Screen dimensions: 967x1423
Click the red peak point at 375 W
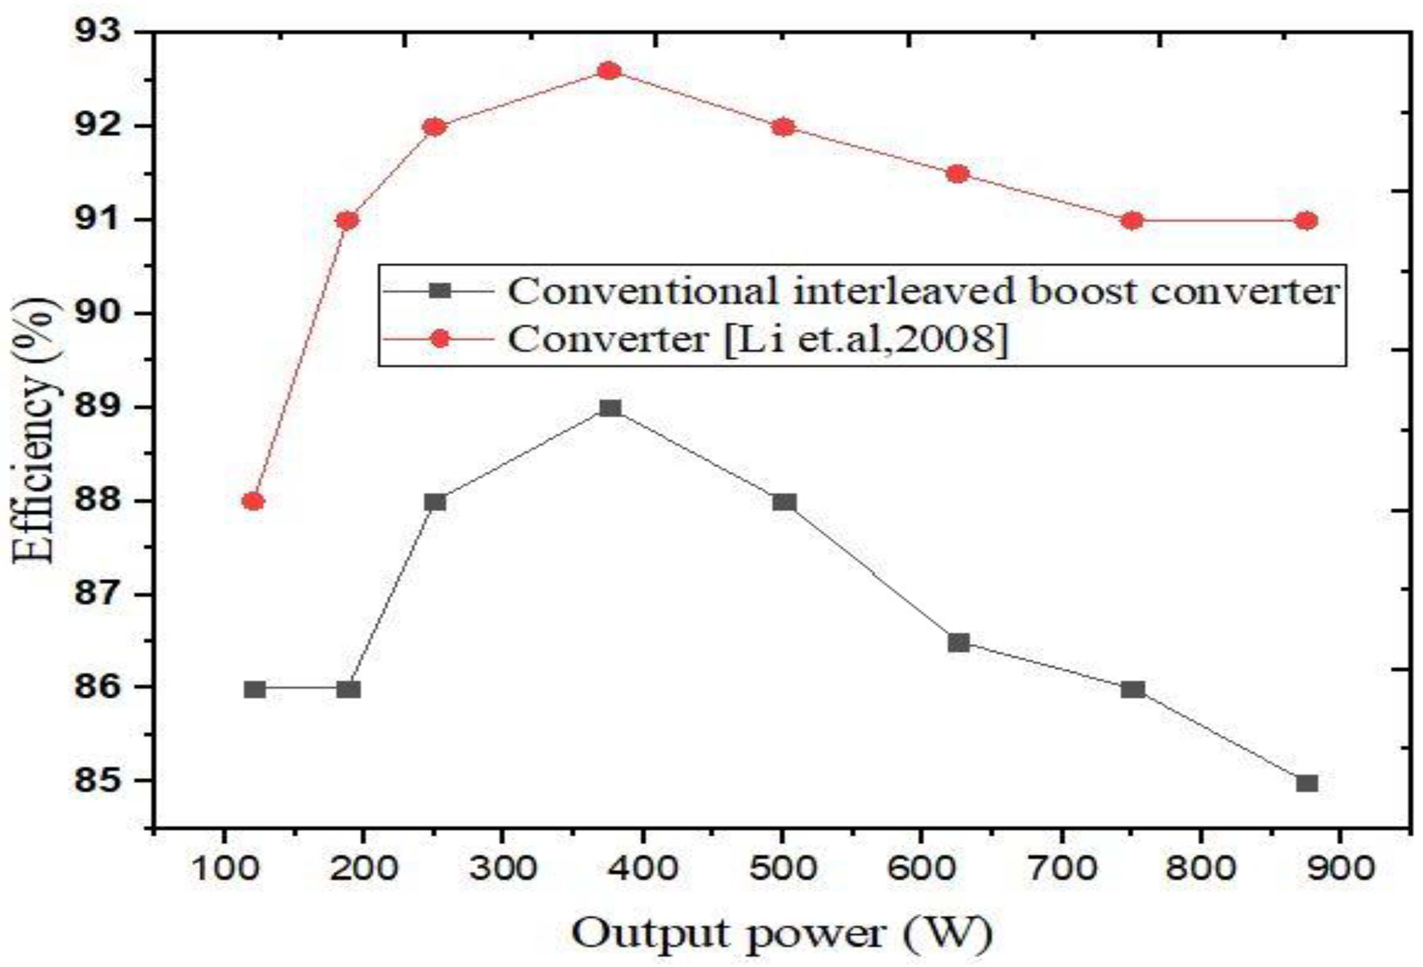[609, 71]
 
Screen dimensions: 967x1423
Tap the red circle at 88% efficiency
[253, 501]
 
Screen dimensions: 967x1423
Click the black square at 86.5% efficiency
[958, 642]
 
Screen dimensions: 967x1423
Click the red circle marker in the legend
[439, 338]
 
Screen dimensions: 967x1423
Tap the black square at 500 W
[784, 502]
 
